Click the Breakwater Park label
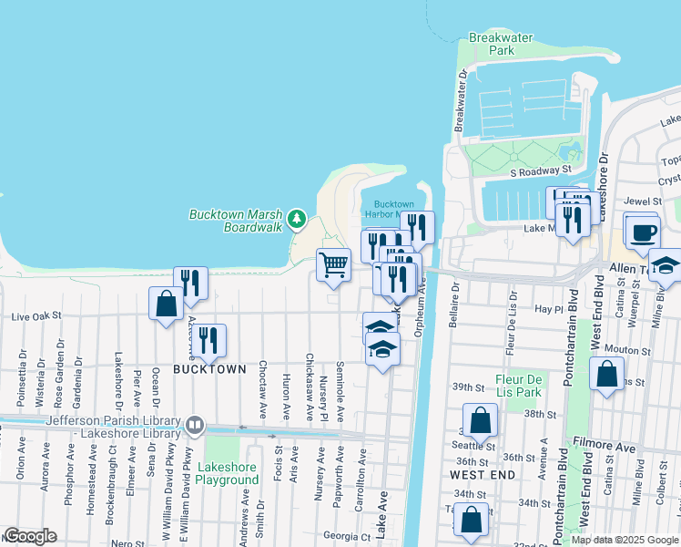pyautogui.click(x=492, y=45)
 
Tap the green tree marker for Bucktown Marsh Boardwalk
pyautogui.click(x=296, y=219)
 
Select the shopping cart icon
pyautogui.click(x=334, y=265)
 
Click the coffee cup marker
pyautogui.click(x=642, y=232)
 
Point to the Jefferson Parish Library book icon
pyautogui.click(x=194, y=426)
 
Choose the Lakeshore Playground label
pyautogui.click(x=227, y=472)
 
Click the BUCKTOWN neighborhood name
pyautogui.click(x=210, y=369)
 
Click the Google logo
pyautogui.click(x=30, y=537)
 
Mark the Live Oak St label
pyautogui.click(x=36, y=316)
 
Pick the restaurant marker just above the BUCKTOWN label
pyautogui.click(x=209, y=341)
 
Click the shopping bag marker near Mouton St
pyautogui.click(x=606, y=375)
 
